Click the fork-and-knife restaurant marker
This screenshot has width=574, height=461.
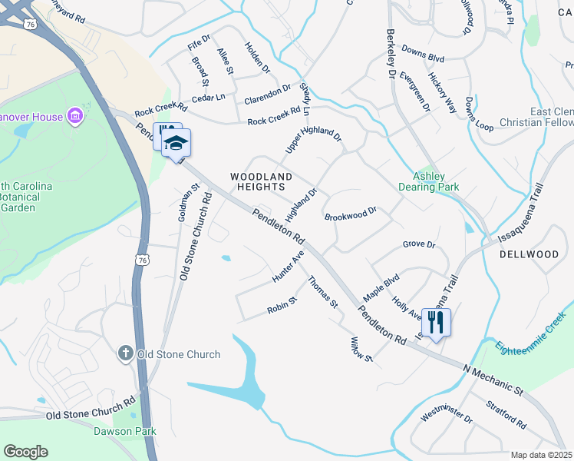[x=437, y=322]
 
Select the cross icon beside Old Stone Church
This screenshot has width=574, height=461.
[x=126, y=353]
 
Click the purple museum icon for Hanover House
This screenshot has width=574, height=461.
[x=75, y=117]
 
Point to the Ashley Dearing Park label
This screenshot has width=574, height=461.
[x=430, y=181]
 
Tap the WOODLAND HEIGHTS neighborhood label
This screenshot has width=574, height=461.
[x=258, y=181]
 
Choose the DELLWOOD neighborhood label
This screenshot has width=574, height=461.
[x=529, y=254]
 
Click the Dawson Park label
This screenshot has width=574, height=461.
[x=124, y=432]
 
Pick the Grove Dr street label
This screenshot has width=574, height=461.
[x=419, y=245]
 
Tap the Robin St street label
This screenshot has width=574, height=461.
[x=281, y=306]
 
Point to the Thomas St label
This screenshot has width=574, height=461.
[x=323, y=293]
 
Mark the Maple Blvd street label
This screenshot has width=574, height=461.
[x=381, y=286]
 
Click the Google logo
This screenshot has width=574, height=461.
[x=25, y=451]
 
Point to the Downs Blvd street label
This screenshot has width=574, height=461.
[x=423, y=58]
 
